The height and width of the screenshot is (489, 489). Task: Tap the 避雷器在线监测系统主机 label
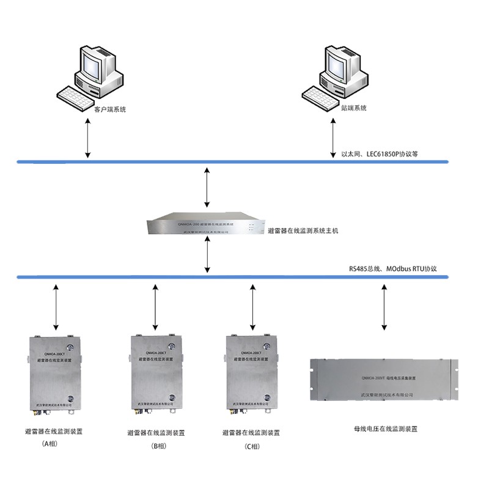tap(303, 231)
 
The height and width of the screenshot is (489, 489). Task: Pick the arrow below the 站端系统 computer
tap(333, 138)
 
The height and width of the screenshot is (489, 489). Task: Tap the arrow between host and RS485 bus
tap(208, 257)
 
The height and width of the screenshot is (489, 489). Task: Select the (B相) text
tap(157, 446)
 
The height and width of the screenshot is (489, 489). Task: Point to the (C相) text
tap(252, 446)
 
